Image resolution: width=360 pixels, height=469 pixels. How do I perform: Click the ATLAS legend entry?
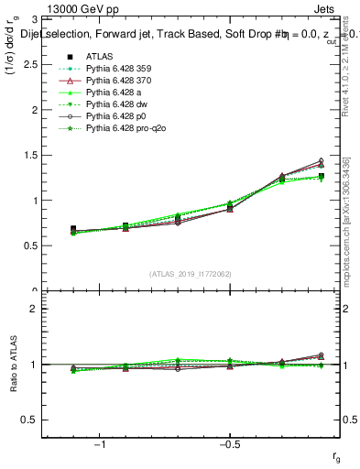[99, 56]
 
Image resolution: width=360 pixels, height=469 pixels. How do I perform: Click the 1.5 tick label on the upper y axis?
[42, 155]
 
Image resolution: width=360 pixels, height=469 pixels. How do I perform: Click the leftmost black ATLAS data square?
[73, 229]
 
